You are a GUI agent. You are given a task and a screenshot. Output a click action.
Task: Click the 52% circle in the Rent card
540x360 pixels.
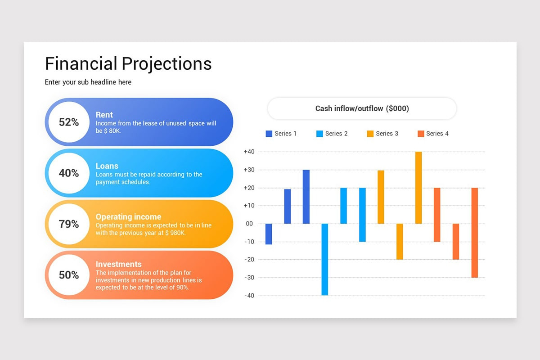[68, 122]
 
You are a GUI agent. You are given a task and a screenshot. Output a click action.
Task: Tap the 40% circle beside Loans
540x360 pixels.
[68, 173]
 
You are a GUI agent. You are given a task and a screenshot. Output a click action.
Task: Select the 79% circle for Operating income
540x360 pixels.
[68, 224]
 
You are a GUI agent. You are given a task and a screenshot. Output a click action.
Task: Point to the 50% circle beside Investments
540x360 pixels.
[68, 274]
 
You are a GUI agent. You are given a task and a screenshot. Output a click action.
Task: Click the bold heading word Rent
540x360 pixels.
[104, 115]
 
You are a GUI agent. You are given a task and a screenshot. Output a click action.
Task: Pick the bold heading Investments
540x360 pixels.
[118, 264]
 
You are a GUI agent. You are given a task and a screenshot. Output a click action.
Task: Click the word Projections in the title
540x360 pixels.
[166, 63]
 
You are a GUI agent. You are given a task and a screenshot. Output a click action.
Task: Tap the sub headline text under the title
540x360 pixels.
[88, 82]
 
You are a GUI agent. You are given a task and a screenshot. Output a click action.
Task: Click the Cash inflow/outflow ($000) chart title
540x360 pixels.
[362, 108]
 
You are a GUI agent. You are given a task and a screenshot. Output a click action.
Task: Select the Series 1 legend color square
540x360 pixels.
[269, 134]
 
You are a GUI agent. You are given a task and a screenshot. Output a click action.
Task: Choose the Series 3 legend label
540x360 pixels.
[387, 134]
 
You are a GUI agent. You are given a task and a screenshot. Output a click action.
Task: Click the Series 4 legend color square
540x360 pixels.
[421, 134]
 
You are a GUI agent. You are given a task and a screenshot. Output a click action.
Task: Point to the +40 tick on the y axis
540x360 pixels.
[249, 152]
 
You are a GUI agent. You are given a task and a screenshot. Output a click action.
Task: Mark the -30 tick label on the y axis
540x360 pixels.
[249, 278]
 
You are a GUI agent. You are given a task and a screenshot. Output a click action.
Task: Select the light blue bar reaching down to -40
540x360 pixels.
[324, 259]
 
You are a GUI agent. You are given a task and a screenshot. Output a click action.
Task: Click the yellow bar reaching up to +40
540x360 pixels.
[418, 188]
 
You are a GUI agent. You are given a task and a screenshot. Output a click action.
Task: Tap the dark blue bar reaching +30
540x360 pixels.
[306, 197]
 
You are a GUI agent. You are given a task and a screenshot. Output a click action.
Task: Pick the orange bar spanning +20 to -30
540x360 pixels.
[474, 233]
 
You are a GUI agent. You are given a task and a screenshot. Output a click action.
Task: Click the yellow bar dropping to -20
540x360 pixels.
[400, 242]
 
